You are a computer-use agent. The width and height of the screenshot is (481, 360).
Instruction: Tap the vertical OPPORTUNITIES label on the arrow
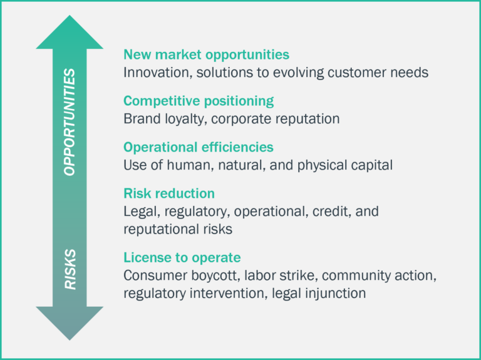coord(70,121)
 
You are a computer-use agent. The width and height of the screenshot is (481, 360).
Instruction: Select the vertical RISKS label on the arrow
coord(70,270)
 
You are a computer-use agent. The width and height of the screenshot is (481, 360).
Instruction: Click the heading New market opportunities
coord(206,54)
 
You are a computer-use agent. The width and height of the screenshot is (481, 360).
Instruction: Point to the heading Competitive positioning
coord(199,101)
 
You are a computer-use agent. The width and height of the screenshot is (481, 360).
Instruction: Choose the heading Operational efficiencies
coord(199,147)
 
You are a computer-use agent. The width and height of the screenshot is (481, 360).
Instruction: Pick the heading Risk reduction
coord(169,193)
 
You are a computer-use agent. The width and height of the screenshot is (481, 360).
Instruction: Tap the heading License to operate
coord(182,257)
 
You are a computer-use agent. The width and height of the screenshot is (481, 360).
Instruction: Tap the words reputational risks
coord(178,229)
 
